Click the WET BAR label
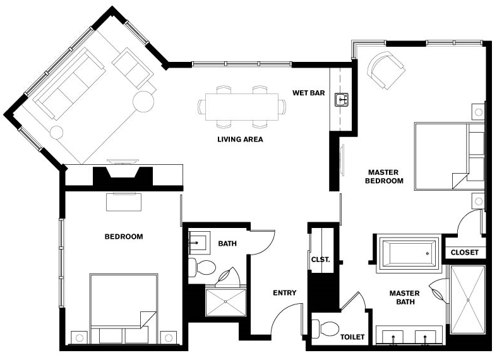pyautogui.click(x=308, y=93)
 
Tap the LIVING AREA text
pyautogui.click(x=240, y=139)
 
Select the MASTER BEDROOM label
pyautogui.click(x=385, y=176)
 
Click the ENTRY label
pyautogui.click(x=284, y=292)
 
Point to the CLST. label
pyautogui.click(x=320, y=260)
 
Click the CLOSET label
pyautogui.click(x=465, y=253)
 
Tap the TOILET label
pyautogui.click(x=352, y=337)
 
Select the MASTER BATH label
pyautogui.click(x=404, y=297)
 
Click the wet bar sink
pyautogui.click(x=342, y=99)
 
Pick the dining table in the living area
pyautogui.click(x=241, y=104)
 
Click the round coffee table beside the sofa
pyautogui.click(x=144, y=101)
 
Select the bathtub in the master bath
pyautogui.click(x=407, y=254)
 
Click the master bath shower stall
pyautogui.click(x=467, y=298)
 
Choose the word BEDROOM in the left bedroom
pyautogui.click(x=123, y=237)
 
